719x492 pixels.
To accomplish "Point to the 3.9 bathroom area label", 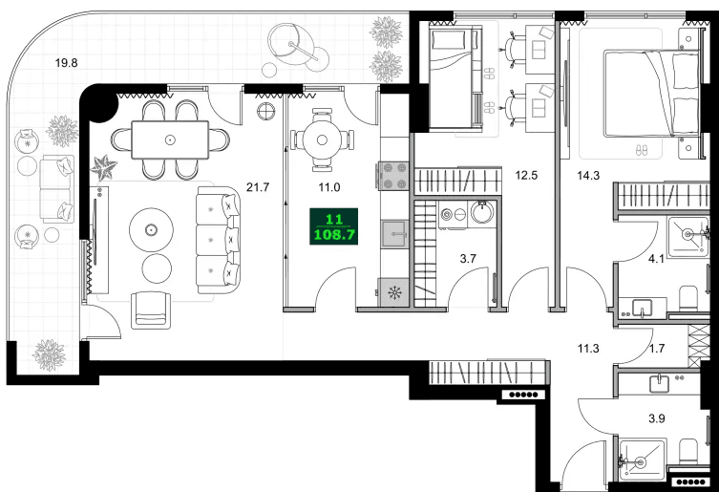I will pos(658,417).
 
